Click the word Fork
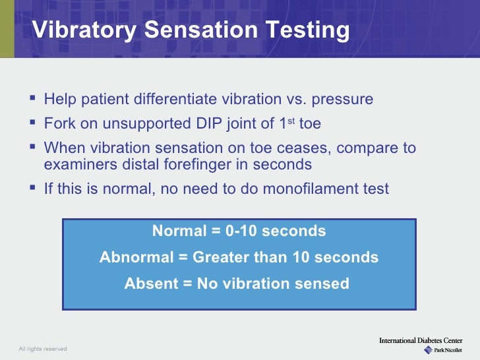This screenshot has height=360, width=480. [x=58, y=124]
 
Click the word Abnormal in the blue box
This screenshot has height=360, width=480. [x=135, y=257]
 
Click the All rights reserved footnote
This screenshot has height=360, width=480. [x=43, y=349]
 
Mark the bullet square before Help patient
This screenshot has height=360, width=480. [x=34, y=100]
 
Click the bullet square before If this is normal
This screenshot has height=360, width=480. [x=34, y=189]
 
